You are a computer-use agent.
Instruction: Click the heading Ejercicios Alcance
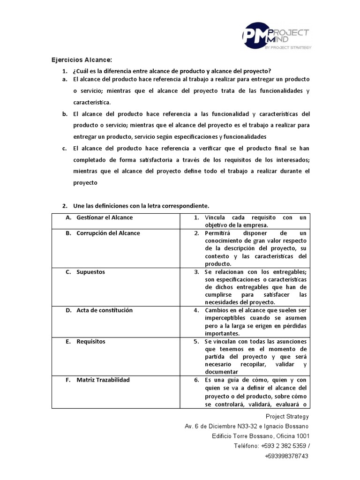82,60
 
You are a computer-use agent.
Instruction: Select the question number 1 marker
65,71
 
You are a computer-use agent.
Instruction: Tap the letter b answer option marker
65,114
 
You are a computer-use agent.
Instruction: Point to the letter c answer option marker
65,148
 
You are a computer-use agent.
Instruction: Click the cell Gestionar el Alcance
105,217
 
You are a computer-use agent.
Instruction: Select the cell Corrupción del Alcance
108,233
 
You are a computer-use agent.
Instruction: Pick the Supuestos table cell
90,272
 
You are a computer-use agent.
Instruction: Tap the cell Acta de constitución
104,310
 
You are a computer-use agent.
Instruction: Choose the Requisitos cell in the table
90,341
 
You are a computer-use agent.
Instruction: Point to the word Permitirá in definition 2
219,233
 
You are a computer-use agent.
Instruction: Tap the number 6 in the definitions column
196,380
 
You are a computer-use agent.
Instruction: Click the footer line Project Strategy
287,416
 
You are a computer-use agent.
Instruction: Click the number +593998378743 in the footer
286,456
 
